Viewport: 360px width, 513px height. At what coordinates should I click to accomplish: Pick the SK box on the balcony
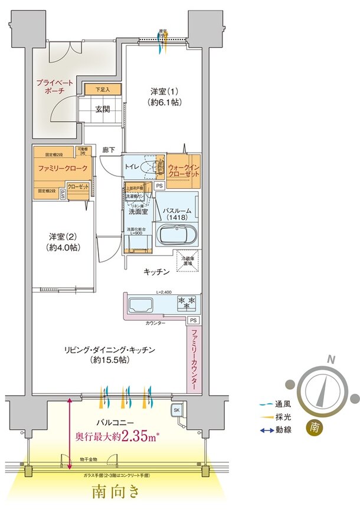[x=176, y=410]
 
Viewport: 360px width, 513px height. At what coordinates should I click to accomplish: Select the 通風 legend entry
[x=277, y=405]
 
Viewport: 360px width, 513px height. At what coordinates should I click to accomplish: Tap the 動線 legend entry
[x=277, y=430]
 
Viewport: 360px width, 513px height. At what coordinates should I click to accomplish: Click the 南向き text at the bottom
[x=116, y=492]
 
